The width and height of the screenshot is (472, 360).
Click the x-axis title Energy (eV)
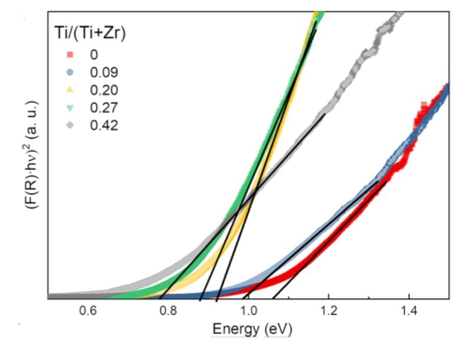tap(252, 329)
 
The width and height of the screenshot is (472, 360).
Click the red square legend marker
tap(70, 55)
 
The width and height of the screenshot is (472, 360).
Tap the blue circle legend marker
tap(70, 73)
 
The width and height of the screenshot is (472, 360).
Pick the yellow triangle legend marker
tap(70, 90)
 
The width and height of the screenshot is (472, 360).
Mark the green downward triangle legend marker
tap(70, 107)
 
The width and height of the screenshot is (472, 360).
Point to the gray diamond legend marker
tap(70, 125)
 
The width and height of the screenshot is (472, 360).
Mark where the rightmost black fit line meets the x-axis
tap(273, 299)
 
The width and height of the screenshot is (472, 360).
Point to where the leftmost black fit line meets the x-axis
tap(160, 299)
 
